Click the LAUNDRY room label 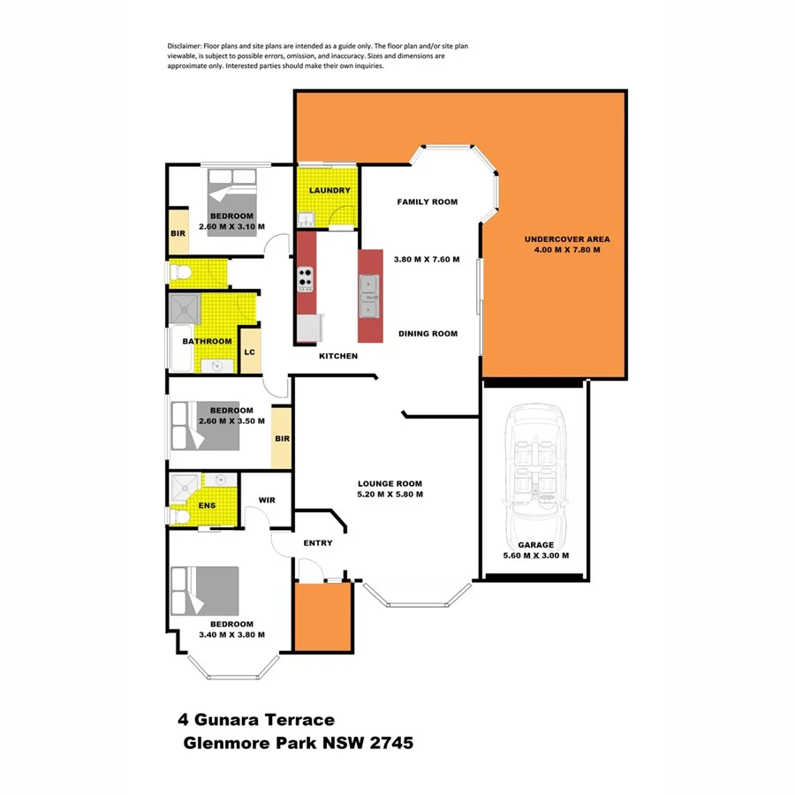click(x=329, y=191)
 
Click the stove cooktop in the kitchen click(x=306, y=279)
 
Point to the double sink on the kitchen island click(x=370, y=296)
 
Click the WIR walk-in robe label click(x=268, y=500)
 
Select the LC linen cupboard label click(x=250, y=352)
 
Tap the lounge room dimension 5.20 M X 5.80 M click(x=390, y=495)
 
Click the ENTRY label click(x=317, y=542)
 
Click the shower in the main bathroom click(x=184, y=309)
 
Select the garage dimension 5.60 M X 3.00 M click(x=535, y=556)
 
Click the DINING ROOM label click(x=428, y=334)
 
